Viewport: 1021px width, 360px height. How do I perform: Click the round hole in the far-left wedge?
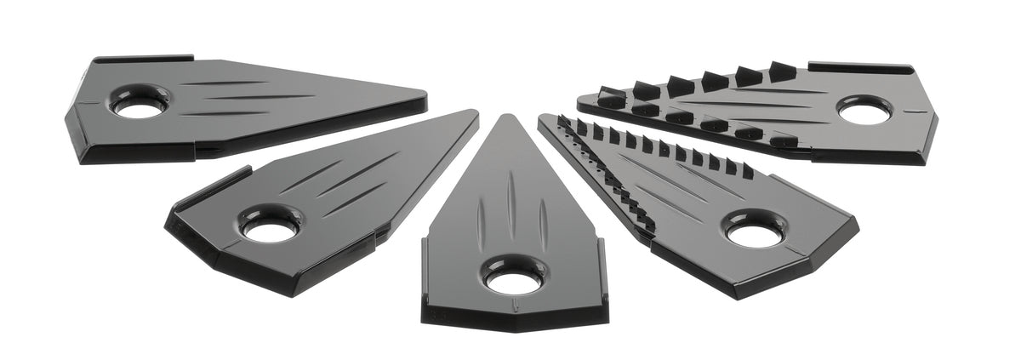coord(140,107)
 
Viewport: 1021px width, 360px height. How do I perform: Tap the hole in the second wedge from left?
coord(271,227)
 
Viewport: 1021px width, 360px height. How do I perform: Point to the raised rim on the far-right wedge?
coord(859,66)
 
